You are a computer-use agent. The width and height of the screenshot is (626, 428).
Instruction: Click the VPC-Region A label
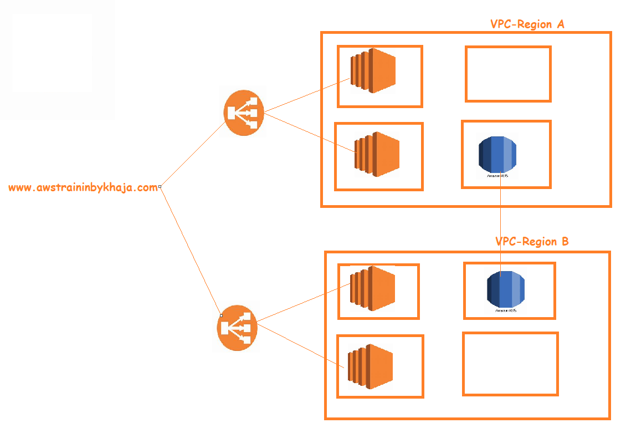pos(527,24)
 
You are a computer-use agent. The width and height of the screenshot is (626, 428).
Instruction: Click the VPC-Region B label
pos(531,242)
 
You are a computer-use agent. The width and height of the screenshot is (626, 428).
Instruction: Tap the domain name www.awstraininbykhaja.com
pos(83,188)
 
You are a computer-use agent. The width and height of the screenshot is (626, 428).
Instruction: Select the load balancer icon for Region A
pos(244,113)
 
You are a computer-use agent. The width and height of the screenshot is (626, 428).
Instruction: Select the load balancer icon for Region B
pos(237,328)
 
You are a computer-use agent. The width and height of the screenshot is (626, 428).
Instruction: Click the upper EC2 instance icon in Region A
pos(373,70)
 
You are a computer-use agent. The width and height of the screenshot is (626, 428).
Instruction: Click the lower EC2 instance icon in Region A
pos(377,155)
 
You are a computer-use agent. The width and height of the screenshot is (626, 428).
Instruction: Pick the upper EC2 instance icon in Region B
pos(373,286)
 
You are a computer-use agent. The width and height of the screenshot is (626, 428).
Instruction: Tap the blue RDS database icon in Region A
pos(497,154)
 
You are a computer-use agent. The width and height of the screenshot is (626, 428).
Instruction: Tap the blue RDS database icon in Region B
pos(505,288)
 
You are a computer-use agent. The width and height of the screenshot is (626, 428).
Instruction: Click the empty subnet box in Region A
pos(508,74)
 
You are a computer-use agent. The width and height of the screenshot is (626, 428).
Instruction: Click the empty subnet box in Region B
pos(510,364)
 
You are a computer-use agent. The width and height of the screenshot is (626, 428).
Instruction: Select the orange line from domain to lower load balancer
pos(191,252)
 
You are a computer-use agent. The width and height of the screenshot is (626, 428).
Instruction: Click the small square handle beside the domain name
pos(160,187)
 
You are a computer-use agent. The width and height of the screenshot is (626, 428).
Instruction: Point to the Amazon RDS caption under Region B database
pos(506,311)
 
